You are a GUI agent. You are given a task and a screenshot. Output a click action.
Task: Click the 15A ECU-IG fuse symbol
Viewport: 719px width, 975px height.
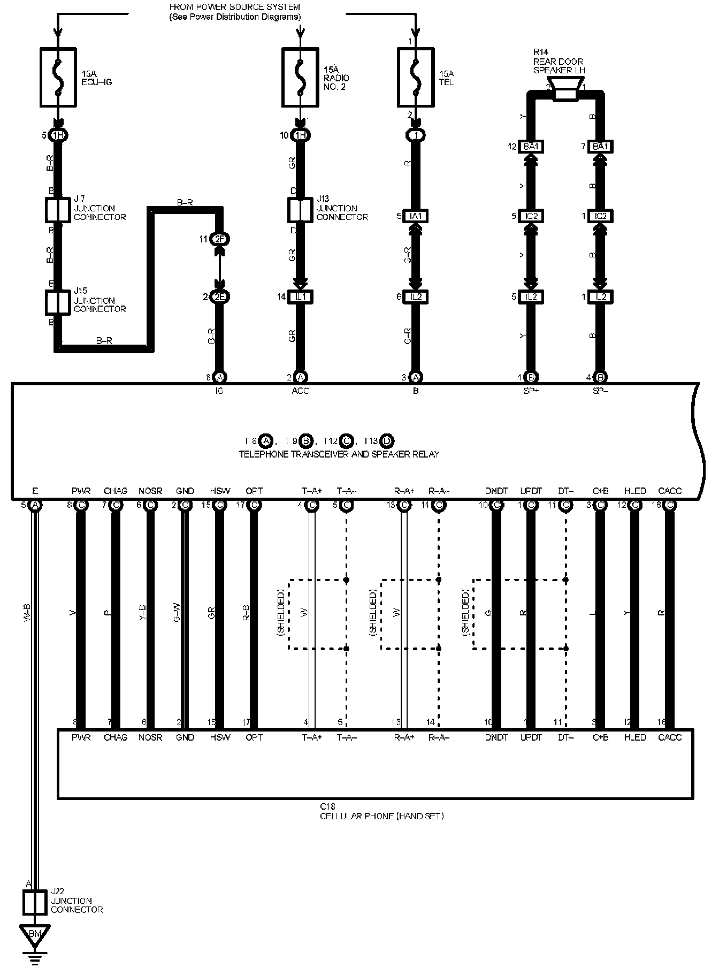(58, 77)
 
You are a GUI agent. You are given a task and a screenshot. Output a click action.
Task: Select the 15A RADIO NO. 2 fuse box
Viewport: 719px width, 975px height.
(300, 77)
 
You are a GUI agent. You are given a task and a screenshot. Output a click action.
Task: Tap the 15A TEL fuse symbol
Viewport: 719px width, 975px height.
(416, 77)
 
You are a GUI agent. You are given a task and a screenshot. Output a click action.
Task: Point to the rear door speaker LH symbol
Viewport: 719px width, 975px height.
(565, 88)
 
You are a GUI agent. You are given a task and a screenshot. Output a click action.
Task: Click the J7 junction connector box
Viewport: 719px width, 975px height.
(58, 210)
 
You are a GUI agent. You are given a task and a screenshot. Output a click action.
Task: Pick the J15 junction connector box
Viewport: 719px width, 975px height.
(58, 302)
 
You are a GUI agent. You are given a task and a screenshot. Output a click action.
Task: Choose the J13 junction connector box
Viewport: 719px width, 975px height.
(300, 210)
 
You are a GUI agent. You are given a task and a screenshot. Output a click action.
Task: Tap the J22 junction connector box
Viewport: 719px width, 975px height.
(36, 902)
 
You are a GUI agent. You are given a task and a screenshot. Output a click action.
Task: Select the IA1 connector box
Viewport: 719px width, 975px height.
(416, 216)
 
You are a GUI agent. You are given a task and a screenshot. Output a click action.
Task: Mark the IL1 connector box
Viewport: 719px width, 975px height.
(300, 296)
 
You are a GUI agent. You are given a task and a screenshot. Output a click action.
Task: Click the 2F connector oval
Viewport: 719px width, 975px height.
(219, 239)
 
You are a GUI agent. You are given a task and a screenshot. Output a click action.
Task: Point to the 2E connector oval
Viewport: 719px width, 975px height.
(219, 296)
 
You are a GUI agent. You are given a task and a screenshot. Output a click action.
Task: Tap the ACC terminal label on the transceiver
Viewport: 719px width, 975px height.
(300, 391)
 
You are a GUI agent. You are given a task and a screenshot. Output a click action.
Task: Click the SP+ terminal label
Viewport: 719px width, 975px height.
(531, 391)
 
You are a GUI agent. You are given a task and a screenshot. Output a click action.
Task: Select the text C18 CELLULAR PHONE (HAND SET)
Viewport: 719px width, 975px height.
(381, 811)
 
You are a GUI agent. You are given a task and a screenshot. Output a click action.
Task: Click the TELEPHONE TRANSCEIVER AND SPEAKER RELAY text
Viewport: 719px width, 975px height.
(339, 454)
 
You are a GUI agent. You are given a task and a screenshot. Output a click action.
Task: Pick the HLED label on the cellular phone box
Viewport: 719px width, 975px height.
(635, 737)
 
